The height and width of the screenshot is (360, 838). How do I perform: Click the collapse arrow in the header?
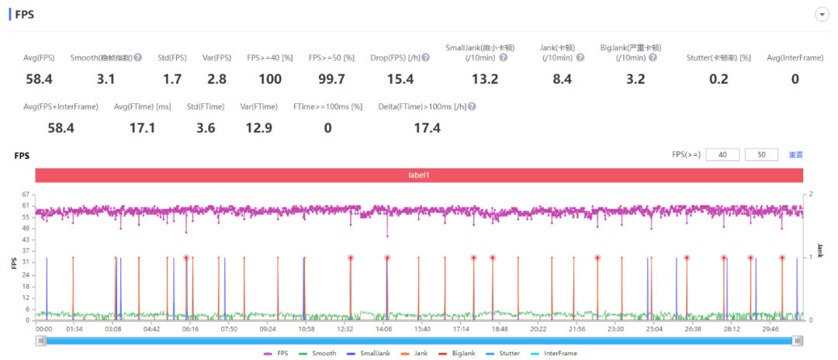pyautogui.click(x=820, y=15)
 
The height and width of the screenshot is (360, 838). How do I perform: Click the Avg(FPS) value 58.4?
pyautogui.click(x=39, y=79)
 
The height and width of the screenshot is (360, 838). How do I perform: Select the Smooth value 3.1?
pyautogui.click(x=106, y=79)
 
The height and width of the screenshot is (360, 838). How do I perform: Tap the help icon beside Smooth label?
pyautogui.click(x=138, y=57)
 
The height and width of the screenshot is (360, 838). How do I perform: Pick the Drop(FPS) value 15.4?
pyautogui.click(x=400, y=79)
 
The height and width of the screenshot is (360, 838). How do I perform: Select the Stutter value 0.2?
pyautogui.click(x=719, y=79)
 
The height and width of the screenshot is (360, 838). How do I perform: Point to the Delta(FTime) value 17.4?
pyautogui.click(x=426, y=128)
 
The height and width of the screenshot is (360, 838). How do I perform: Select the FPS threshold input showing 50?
pyautogui.click(x=762, y=155)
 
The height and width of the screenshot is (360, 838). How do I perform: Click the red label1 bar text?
pyautogui.click(x=419, y=175)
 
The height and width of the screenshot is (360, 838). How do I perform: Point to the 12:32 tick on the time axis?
pyautogui.click(x=345, y=329)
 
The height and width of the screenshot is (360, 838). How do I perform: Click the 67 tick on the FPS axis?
pyautogui.click(x=26, y=194)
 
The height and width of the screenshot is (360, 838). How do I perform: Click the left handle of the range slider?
pyautogui.click(x=40, y=340)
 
